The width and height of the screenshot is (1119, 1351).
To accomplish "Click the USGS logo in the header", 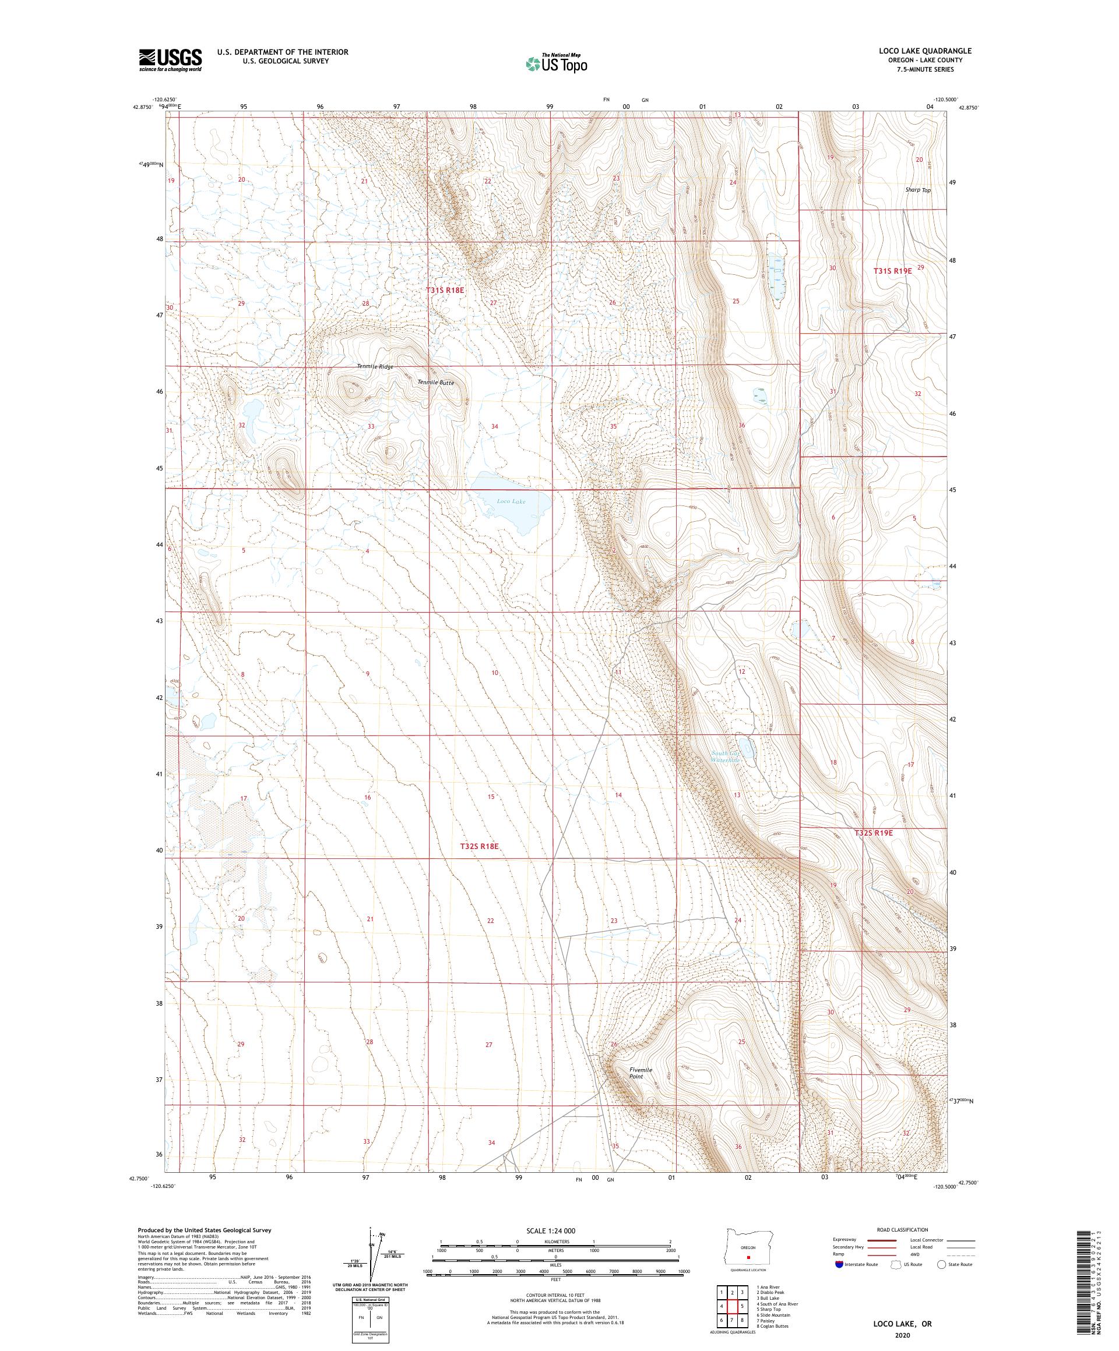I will point(170,60).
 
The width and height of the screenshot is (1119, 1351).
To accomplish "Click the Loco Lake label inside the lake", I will point(511,501).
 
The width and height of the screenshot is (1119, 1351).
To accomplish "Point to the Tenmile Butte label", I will point(435,382).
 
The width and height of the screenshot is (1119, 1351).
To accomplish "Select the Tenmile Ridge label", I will point(375,366).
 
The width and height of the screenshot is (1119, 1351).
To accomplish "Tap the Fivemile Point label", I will point(641,1073).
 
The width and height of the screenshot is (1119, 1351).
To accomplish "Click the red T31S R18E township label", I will point(445,291).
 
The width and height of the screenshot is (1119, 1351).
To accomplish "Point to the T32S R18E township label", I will point(480,847).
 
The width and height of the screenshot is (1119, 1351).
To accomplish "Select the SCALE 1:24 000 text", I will point(555,1230).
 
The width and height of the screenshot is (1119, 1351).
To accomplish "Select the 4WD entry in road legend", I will point(919,1254).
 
